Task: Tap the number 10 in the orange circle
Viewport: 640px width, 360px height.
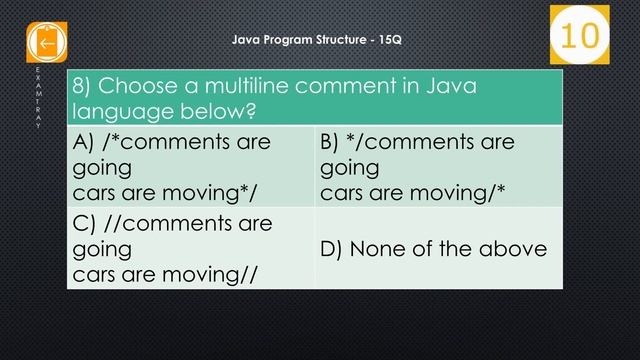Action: pyautogui.click(x=579, y=35)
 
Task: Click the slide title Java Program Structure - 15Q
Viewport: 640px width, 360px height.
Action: pyautogui.click(x=318, y=40)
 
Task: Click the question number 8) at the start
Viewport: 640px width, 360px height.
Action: pyautogui.click(x=83, y=86)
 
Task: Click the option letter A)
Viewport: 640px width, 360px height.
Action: pyautogui.click(x=86, y=143)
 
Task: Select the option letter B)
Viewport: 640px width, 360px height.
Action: pyautogui.click(x=332, y=143)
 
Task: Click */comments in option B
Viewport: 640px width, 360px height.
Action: pyautogui.click(x=400, y=143)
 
